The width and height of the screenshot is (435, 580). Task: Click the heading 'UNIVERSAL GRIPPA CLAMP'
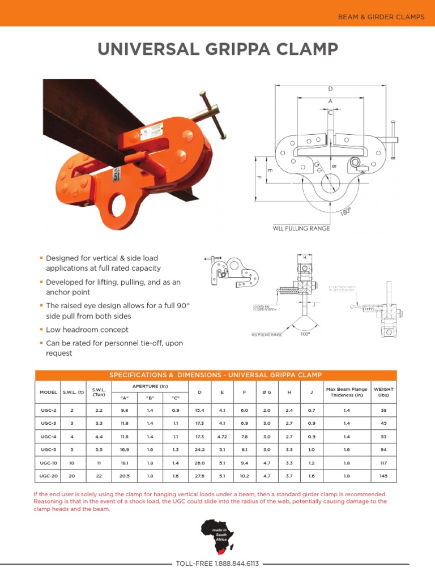(x=217, y=50)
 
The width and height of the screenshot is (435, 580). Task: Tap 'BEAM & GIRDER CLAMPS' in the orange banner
(x=381, y=17)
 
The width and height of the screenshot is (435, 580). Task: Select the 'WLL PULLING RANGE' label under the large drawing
(x=302, y=228)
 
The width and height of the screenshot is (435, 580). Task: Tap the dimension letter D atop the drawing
(x=330, y=89)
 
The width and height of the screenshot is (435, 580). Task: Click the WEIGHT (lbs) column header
(x=383, y=392)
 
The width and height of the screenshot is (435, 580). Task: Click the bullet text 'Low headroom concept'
(x=87, y=330)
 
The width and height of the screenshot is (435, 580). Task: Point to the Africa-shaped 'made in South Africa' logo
(x=217, y=537)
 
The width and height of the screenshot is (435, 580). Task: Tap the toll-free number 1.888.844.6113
(x=217, y=564)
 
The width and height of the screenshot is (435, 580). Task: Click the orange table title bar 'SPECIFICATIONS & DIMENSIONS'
(x=216, y=375)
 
